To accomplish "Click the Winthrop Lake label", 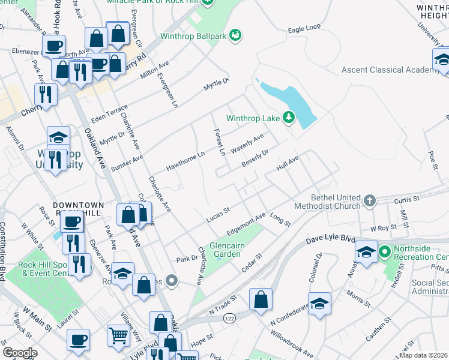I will [253, 118].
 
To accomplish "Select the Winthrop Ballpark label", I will [194, 36].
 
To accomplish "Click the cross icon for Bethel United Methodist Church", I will [370, 200].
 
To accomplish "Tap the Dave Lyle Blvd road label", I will [331, 239].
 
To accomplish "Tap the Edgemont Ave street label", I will [246, 224].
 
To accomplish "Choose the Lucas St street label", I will [218, 214].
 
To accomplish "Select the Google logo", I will [20, 353].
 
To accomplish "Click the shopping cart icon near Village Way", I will [118, 335].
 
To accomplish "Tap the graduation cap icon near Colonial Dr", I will [320, 303].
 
